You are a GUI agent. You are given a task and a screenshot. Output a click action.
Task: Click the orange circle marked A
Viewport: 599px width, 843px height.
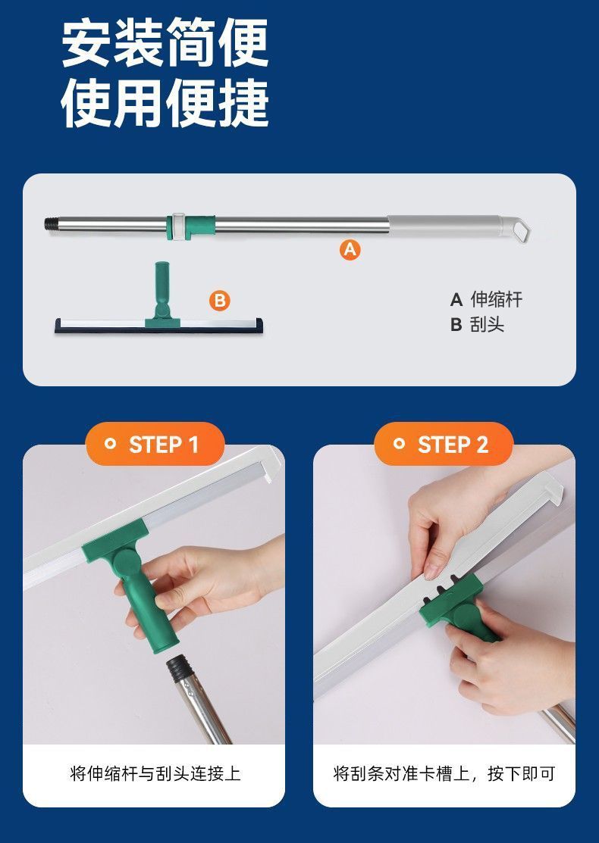coord(350,249)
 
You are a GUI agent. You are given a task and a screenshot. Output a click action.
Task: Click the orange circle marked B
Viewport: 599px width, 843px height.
coord(220,300)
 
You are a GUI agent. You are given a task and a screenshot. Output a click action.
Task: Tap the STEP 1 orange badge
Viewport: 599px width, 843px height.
coord(155,444)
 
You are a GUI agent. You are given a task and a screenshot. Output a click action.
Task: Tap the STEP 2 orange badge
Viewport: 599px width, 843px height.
coord(444,444)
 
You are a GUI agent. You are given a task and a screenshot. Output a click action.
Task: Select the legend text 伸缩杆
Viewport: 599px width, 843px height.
coord(496,299)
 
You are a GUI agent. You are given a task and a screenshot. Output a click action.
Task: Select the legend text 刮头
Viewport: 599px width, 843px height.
coord(487,324)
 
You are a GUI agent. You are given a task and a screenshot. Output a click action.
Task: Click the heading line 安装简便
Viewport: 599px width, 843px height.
coord(165,43)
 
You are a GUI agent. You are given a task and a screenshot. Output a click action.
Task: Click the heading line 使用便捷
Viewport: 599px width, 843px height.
coord(165,103)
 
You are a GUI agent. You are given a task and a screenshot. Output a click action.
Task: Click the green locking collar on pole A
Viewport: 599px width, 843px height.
coord(192,227)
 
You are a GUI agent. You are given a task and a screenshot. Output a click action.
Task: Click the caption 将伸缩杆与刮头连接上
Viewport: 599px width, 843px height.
coord(155,773)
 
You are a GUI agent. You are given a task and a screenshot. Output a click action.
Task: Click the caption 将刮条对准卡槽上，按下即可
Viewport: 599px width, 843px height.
coord(444,773)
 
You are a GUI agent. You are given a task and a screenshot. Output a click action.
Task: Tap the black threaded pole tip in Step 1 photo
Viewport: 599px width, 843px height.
coord(178,668)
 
